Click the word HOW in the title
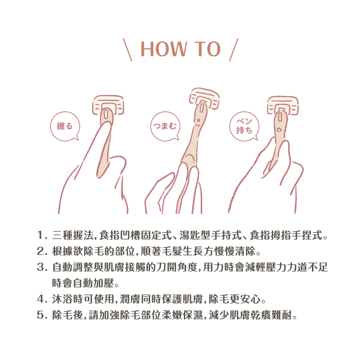click(164, 49)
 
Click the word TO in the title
click(207, 49)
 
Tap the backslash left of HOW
click(127, 50)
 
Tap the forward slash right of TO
click(234, 50)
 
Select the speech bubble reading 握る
click(65, 126)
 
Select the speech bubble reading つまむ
click(165, 126)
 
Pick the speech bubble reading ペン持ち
click(244, 126)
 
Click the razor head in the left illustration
click(108, 105)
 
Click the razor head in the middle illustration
click(204, 99)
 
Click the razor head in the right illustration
click(283, 105)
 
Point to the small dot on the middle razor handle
click(198, 120)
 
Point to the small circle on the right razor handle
click(279, 130)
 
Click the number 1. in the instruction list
click(42, 235)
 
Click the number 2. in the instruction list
click(42, 251)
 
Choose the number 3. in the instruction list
click(42, 267)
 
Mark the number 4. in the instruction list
click(42, 299)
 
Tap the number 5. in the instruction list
click(42, 314)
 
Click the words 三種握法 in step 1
click(72, 235)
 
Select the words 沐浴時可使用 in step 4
click(83, 299)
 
